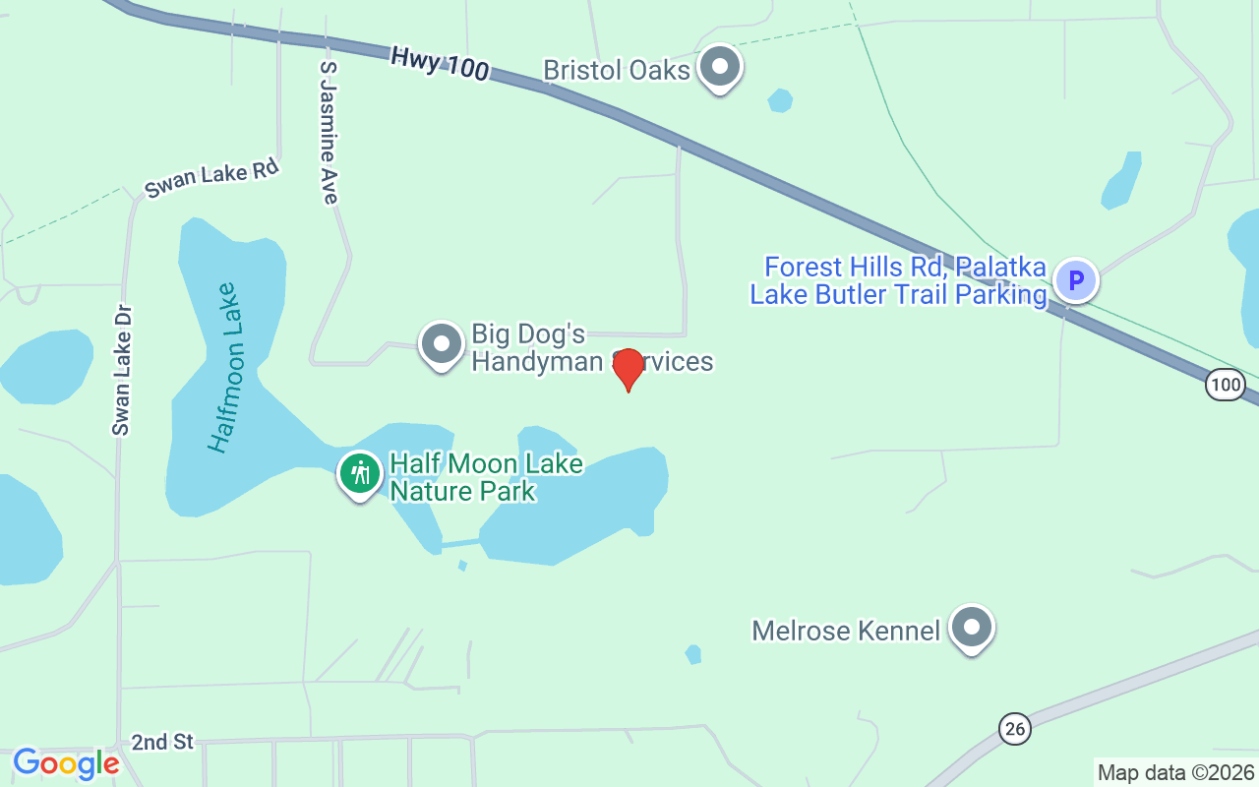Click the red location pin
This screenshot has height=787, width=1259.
click(628, 368)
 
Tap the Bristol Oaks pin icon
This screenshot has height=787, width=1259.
click(721, 67)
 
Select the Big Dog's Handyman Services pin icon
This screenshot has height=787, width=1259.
click(442, 344)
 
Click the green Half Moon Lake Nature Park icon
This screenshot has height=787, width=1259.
click(360, 474)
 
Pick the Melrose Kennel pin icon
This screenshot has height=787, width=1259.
click(973, 628)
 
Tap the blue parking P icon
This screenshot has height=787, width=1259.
click(1076, 280)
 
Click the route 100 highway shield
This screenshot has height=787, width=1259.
click(1226, 385)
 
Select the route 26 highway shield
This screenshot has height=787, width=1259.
click(1015, 729)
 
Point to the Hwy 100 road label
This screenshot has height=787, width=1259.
click(439, 64)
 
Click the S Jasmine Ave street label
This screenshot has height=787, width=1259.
click(329, 133)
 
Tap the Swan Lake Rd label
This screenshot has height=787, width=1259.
click(211, 178)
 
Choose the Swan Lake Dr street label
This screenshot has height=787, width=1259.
click(122, 369)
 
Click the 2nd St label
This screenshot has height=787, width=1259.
click(163, 742)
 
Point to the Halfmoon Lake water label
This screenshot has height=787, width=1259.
click(224, 367)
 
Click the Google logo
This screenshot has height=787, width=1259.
click(66, 763)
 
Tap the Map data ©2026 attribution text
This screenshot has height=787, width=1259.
click(1175, 773)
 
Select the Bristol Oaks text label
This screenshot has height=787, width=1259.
click(617, 70)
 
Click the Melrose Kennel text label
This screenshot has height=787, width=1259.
click(846, 630)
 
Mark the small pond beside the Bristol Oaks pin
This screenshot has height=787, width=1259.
click(780, 100)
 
